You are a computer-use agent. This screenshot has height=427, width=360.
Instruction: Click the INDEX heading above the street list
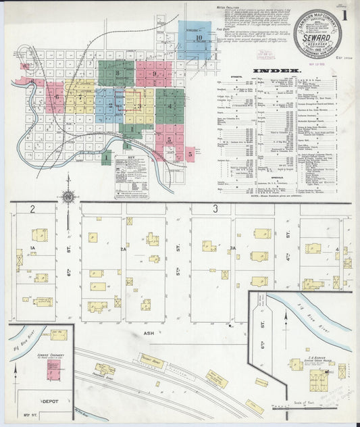[x=276, y=70]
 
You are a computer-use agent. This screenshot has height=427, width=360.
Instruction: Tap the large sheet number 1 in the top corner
[x=345, y=14]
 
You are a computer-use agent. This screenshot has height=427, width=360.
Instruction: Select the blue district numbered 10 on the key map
[x=199, y=39]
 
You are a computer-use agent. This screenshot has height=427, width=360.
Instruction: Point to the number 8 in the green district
[x=117, y=73]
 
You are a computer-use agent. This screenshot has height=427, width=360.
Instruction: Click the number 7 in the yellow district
[x=80, y=97]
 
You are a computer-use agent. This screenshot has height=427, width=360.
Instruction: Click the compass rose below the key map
[x=68, y=197]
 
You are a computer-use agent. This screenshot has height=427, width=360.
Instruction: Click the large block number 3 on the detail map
[x=215, y=209]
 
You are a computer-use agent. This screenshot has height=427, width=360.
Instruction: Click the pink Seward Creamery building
[x=53, y=370]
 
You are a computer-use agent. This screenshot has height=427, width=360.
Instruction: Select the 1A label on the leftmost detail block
[x=32, y=249]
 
